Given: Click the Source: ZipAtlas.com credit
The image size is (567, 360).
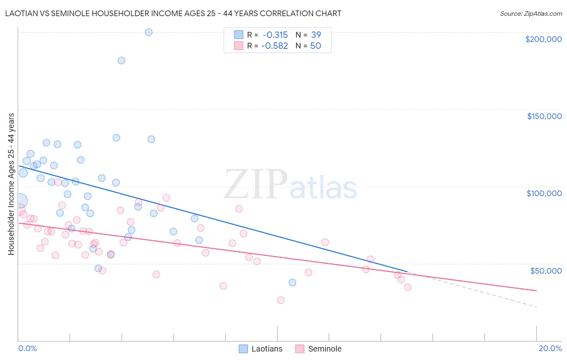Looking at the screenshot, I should [x=531, y=13].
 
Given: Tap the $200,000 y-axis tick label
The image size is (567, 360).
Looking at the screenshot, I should [x=543, y=39].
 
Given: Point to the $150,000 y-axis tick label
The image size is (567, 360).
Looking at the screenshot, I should [x=544, y=116].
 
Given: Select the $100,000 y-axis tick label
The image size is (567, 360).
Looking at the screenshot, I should [x=544, y=193].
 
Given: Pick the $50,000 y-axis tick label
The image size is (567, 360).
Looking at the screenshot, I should [x=546, y=271].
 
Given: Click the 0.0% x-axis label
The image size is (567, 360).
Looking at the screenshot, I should [x=27, y=348].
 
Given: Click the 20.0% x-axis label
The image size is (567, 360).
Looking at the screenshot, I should [x=550, y=348].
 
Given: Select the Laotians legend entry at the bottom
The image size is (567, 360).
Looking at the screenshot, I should [x=261, y=349].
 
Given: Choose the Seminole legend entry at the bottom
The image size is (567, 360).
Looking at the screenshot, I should [x=319, y=349].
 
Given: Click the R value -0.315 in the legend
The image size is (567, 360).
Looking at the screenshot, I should [x=275, y=35].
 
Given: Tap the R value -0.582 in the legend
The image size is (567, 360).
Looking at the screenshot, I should [x=275, y=46].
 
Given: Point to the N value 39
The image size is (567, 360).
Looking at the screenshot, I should [x=316, y=35].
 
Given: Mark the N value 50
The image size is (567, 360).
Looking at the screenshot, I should [x=315, y=46].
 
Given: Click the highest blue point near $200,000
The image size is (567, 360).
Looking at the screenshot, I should [x=148, y=32].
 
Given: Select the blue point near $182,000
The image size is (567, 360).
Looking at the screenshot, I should [x=121, y=61].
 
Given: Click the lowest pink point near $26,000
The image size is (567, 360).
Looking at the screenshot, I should [x=281, y=300].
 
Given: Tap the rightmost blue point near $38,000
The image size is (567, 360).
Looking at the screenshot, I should [x=292, y=283].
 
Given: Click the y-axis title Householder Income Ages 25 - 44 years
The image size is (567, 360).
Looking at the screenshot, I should [x=11, y=184].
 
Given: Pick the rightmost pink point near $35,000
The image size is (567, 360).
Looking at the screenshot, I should [x=408, y=287].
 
